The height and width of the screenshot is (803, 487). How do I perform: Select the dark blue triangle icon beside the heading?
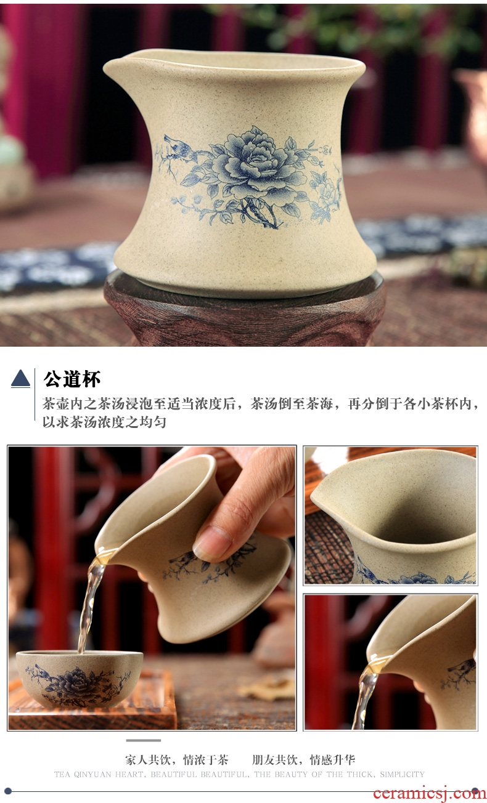tap(20, 379)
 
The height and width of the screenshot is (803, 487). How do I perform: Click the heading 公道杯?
tap(72, 379)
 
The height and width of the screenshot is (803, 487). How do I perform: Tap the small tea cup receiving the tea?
tap(80, 678)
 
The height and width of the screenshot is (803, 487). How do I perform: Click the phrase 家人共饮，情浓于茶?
tap(176, 760)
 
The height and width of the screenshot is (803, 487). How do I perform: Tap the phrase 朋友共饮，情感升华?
tap(304, 760)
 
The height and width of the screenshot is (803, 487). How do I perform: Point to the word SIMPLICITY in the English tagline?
tap(402, 774)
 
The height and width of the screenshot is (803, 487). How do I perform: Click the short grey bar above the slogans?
tap(143, 740)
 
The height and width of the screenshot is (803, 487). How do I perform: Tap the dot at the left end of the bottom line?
tap(8, 791)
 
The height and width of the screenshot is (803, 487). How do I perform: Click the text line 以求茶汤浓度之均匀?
tap(104, 422)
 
